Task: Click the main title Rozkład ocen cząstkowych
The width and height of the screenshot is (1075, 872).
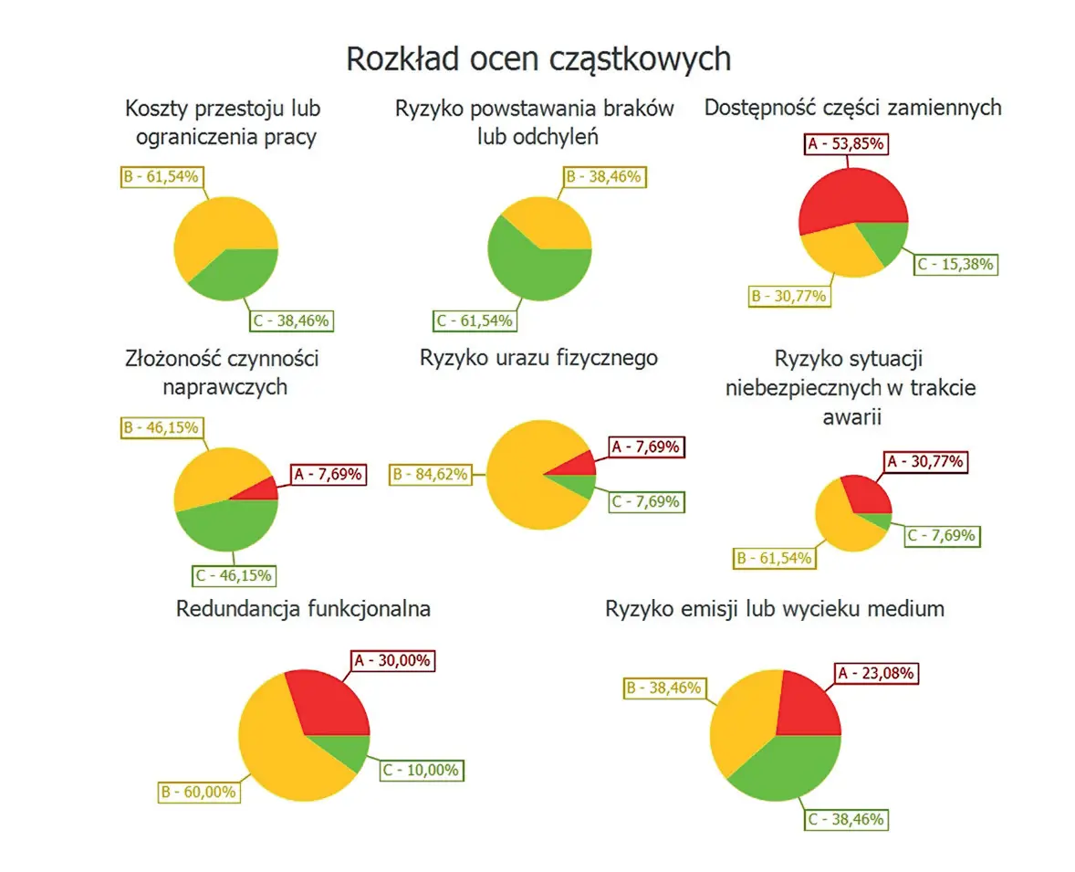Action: (538, 58)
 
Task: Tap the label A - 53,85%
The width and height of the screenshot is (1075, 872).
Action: (847, 144)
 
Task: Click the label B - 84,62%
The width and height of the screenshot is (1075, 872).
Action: (430, 474)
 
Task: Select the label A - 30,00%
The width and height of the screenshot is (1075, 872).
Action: (393, 660)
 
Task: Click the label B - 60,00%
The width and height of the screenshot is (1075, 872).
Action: (198, 792)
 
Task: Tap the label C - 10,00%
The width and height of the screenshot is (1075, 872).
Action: (421, 770)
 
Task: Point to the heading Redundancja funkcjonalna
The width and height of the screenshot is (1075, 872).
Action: (303, 609)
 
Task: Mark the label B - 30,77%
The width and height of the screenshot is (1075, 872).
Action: (788, 296)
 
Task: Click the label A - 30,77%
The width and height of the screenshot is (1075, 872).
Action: (924, 462)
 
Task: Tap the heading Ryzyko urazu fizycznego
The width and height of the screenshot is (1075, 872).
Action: (538, 358)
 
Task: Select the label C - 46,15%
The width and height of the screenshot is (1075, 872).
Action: (234, 576)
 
